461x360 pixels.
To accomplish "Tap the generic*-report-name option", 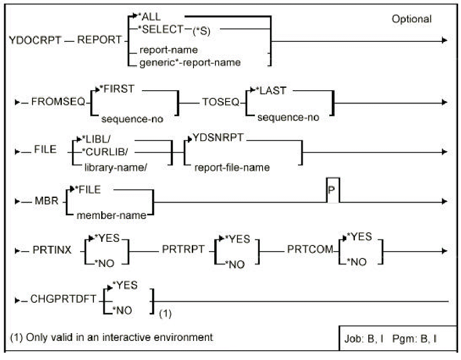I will pyautogui.click(x=190, y=63).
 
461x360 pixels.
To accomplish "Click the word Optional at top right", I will pyautogui.click(x=411, y=19).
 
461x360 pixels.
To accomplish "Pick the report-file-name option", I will pyautogui.click(x=232, y=167).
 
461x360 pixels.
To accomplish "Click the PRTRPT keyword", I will pyautogui.click(x=183, y=250).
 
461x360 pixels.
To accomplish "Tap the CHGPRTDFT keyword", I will pyautogui.click(x=64, y=299).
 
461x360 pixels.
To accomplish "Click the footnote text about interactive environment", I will pyautogui.click(x=111, y=337).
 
